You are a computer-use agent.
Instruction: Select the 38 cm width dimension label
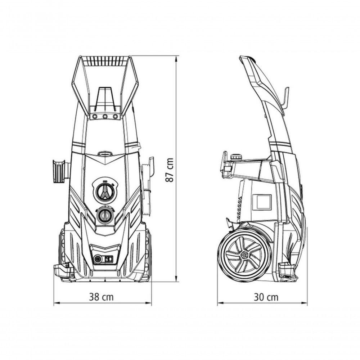101,297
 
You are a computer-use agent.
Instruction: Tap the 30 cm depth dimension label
266,297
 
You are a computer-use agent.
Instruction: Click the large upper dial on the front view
105,192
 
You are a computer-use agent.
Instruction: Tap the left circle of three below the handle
94,117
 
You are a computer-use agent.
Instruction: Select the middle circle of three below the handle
105,117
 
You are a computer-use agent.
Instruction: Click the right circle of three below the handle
115,117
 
